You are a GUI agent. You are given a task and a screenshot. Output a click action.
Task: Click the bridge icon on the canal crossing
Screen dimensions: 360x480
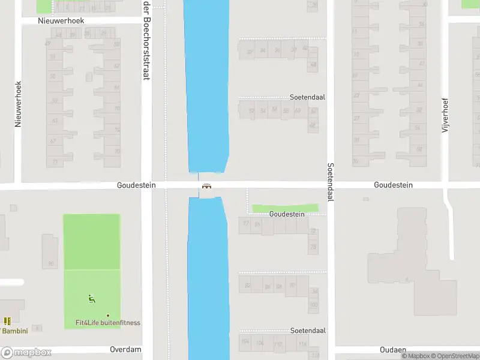coord(207,186)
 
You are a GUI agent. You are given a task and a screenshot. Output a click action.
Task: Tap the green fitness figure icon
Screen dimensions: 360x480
coord(92,298)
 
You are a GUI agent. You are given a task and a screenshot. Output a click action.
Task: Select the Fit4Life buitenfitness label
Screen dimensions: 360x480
coord(108,323)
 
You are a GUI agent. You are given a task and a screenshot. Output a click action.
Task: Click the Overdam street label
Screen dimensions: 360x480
coord(125,349)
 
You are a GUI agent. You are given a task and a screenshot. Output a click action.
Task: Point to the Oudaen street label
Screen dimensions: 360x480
coord(394,350)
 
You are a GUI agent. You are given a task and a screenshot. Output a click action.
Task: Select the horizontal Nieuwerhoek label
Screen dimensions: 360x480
coord(61,20)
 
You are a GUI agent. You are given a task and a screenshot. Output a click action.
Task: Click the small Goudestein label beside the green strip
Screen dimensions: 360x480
coord(287,214)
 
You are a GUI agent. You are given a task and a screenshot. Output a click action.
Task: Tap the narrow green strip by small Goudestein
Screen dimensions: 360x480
coord(284,208)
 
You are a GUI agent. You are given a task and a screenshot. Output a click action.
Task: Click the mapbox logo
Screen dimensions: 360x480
coord(26,353)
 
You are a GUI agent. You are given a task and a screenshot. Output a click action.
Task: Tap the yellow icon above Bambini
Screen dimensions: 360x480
coord(7,322)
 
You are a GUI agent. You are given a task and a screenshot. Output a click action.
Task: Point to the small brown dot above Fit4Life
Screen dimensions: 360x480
coord(108,316)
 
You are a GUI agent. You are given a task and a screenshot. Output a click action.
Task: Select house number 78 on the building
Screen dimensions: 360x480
coord(313,247)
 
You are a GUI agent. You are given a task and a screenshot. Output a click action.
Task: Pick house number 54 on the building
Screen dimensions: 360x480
coord(263,110)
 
